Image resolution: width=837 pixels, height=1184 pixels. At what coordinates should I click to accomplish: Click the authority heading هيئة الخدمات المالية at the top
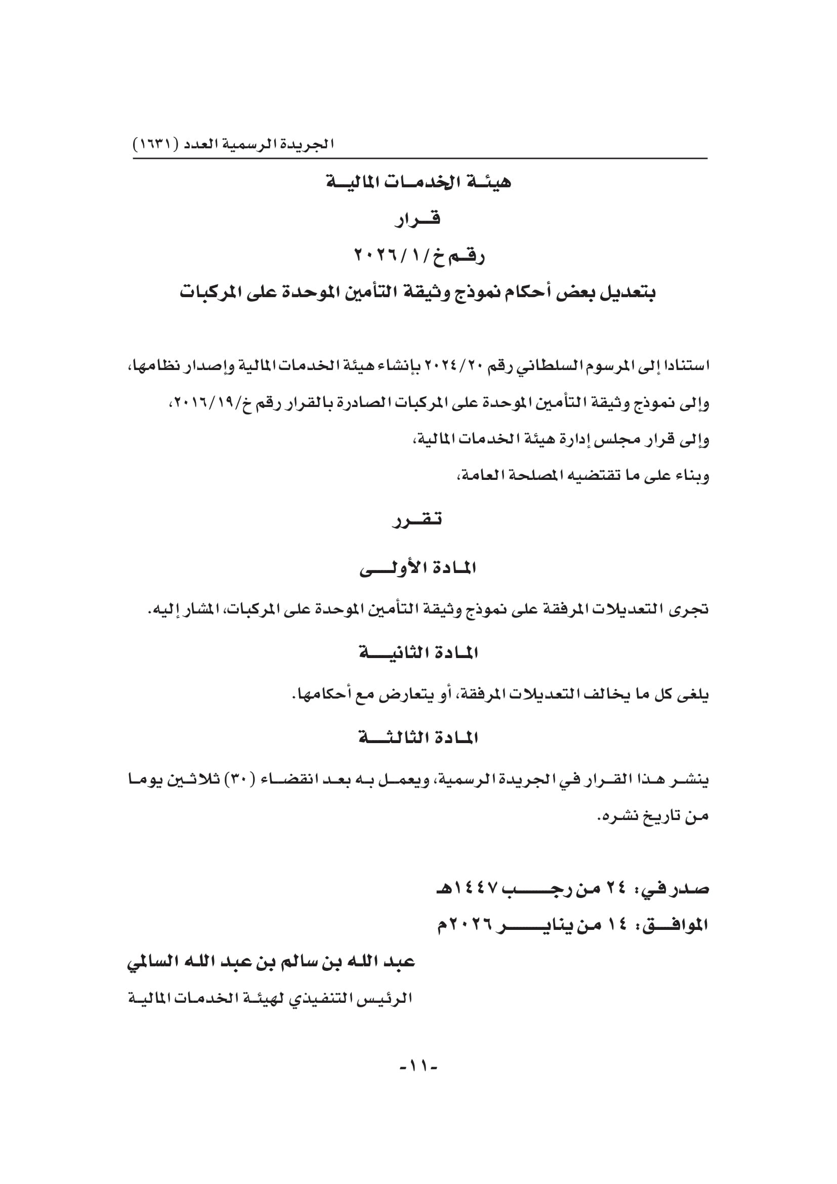click(x=418, y=183)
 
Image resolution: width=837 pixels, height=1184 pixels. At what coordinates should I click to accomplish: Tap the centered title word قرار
click(x=418, y=220)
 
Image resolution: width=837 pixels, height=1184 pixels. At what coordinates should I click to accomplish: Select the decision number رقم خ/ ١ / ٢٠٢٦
click(x=419, y=256)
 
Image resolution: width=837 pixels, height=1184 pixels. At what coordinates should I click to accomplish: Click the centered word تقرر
click(x=417, y=520)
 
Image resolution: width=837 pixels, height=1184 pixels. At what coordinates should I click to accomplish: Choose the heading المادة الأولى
click(x=418, y=568)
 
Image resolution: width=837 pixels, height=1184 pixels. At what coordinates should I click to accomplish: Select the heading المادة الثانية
click(x=418, y=654)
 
